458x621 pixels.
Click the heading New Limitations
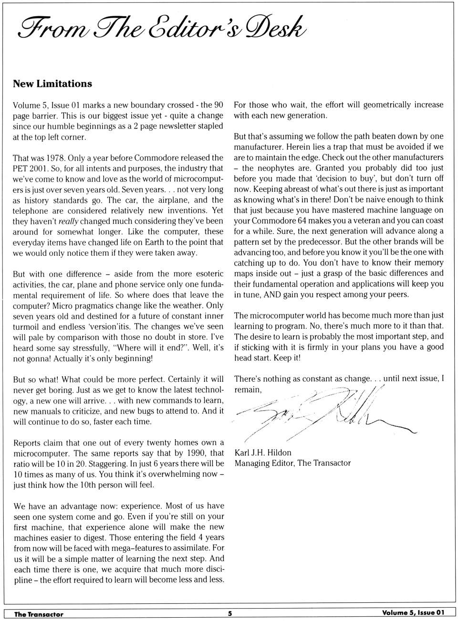[x=52, y=84]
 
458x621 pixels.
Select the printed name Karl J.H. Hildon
[x=263, y=453]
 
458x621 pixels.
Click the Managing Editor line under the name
[x=292, y=463]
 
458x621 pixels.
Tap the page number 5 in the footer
[x=229, y=614]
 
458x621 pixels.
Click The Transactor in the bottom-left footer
[x=39, y=614]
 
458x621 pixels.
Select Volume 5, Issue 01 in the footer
[x=413, y=613]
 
